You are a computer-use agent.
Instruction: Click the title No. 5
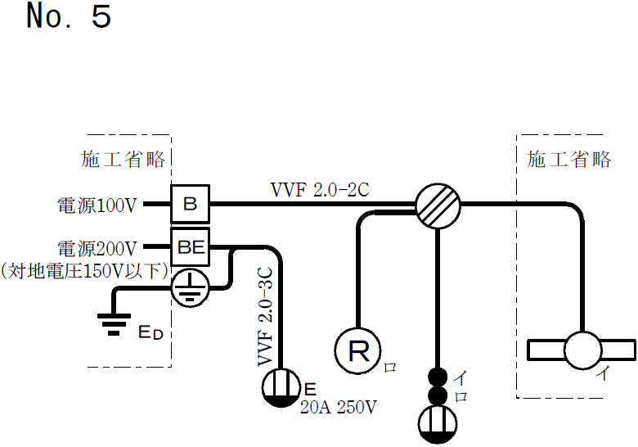pos(69,16)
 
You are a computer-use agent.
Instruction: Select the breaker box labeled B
pos(190,204)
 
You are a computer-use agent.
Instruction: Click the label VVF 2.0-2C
pos(320,190)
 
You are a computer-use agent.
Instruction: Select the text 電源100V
pos(98,205)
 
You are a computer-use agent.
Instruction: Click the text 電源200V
pos(98,246)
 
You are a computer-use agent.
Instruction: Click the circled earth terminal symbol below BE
pos(190,285)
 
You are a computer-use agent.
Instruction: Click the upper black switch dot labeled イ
pos(438,378)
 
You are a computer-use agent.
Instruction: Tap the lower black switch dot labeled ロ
pos(438,396)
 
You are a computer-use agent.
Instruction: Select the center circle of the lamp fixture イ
pos(584,350)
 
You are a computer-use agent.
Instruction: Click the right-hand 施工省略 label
pos(569,160)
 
